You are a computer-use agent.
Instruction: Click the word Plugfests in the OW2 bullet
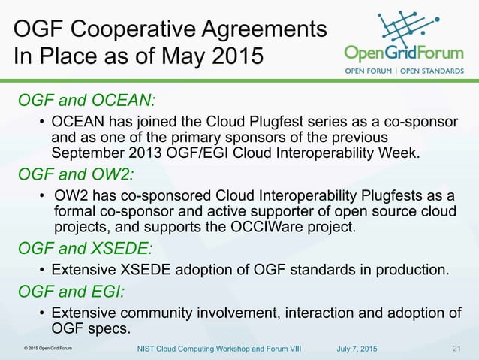click(369, 196)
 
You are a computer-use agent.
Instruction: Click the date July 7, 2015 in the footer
click(357, 349)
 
